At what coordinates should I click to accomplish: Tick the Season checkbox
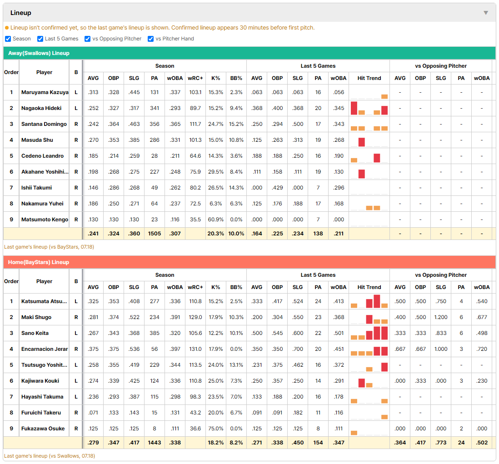tap(8, 39)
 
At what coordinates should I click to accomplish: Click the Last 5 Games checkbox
tap(40, 39)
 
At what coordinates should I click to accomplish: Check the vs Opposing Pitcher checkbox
tap(88, 39)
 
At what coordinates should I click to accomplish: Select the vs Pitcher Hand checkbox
tap(150, 39)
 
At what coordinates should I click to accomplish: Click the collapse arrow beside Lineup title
tap(486, 13)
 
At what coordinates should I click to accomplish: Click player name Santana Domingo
tap(44, 124)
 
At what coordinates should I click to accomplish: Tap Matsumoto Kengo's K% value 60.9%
tap(216, 220)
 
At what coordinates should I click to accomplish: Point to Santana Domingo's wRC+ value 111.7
tap(195, 124)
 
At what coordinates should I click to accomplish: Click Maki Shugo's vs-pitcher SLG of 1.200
tap(441, 317)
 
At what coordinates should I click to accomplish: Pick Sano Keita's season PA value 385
tap(155, 333)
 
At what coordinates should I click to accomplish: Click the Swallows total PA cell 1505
tap(155, 234)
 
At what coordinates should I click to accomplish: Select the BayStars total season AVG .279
tap(93, 443)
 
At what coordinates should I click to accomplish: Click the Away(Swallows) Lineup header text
tap(39, 53)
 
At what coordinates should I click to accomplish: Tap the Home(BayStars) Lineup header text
tap(39, 262)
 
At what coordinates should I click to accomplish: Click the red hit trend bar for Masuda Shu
tap(361, 142)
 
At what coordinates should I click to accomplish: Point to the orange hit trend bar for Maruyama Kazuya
tap(384, 96)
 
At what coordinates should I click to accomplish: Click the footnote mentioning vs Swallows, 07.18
tap(50, 456)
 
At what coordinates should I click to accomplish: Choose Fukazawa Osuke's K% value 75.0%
tap(216, 429)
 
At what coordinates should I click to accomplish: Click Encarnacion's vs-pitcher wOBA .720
tap(482, 349)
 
